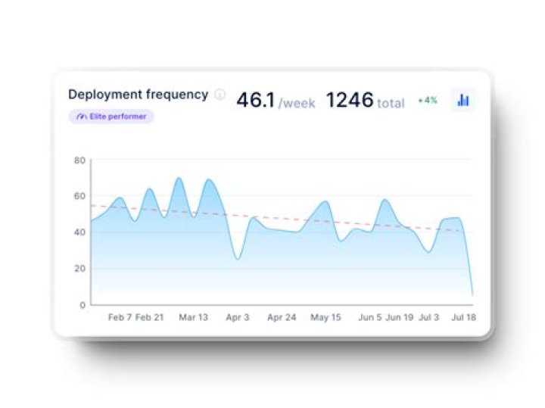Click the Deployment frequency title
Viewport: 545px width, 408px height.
138,95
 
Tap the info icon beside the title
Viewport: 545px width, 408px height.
220,95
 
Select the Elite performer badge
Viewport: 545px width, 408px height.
111,117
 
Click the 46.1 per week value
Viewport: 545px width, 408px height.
255,100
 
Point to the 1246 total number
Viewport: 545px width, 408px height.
350,100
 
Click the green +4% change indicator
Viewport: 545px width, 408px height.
428,100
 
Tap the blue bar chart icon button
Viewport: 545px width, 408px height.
463,99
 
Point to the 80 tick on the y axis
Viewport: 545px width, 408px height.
79,160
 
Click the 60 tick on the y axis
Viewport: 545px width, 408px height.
79,196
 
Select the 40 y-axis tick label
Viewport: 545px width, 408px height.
79,232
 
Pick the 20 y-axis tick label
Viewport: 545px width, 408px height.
79,269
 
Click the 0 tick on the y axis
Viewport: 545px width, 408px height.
83,304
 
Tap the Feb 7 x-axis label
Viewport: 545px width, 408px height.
120,318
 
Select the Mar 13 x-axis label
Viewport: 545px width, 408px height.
193,318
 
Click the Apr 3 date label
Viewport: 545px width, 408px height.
237,318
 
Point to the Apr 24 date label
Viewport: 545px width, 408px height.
281,318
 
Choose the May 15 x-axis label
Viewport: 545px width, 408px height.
325,318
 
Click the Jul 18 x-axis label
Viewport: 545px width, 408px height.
462,318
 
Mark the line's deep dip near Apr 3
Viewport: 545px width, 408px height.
238,259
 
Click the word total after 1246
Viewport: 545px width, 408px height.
391,103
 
